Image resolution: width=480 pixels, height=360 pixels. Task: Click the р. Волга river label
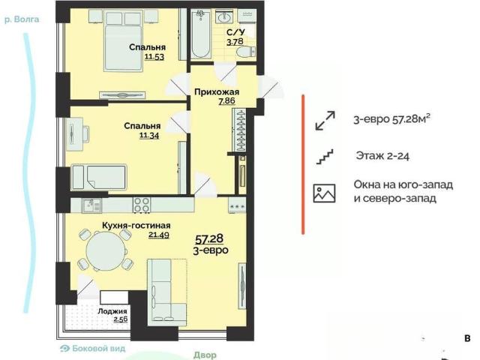(x=22, y=19)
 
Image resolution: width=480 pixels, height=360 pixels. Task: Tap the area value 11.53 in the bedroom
(x=154, y=57)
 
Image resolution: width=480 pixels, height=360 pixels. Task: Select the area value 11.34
(x=149, y=135)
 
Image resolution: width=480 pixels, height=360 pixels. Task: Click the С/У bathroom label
(x=235, y=32)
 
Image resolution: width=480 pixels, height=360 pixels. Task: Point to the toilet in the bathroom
(x=246, y=52)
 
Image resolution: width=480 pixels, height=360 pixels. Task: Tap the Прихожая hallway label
(x=217, y=91)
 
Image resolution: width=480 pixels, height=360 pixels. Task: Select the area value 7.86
(x=226, y=100)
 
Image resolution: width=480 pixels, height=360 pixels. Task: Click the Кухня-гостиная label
(x=136, y=226)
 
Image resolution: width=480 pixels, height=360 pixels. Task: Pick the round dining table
(x=106, y=250)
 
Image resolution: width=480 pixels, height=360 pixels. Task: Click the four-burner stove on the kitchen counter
(x=142, y=205)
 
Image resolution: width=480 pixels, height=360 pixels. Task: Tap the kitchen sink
(x=91, y=205)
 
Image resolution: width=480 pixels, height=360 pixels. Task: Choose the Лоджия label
(x=112, y=311)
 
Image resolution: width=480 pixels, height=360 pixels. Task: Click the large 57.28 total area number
(x=209, y=238)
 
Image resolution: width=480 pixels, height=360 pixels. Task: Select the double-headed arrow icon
(x=325, y=120)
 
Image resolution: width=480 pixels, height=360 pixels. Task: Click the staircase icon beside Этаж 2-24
(x=325, y=157)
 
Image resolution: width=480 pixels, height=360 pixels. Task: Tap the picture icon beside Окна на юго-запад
(x=324, y=193)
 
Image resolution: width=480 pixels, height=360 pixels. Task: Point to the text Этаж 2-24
(x=382, y=156)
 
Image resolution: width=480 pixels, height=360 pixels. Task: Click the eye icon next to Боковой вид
(x=65, y=348)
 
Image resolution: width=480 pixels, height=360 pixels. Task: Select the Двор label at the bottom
(x=205, y=355)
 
